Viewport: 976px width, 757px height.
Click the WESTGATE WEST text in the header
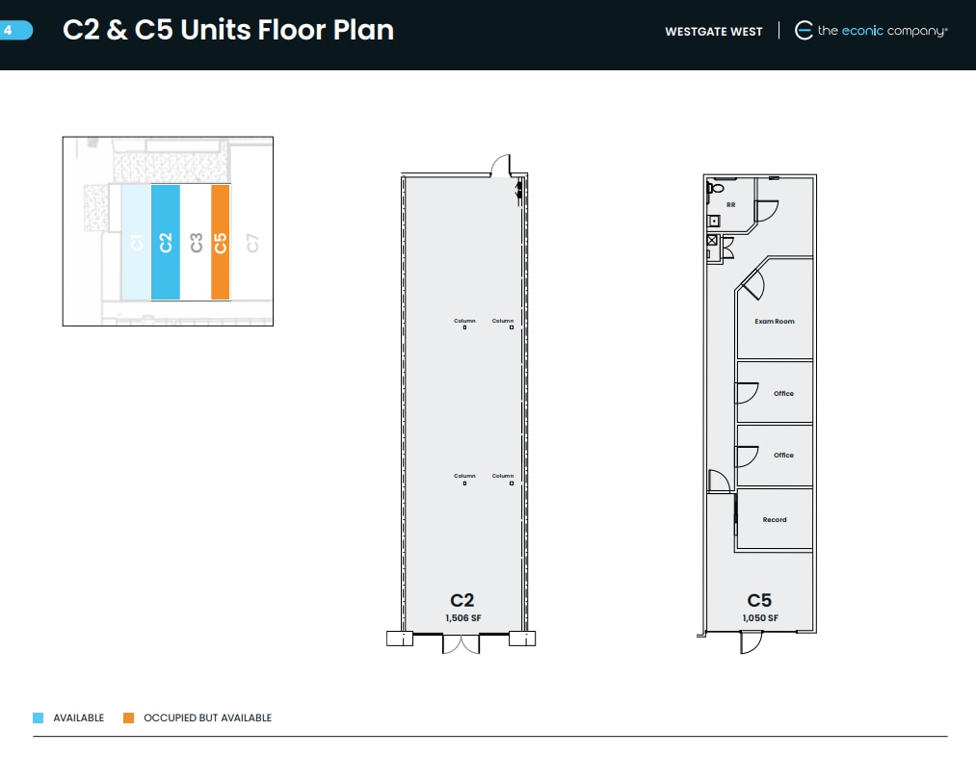713,32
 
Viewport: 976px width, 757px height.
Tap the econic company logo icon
804,31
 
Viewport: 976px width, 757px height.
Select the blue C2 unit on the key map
166,242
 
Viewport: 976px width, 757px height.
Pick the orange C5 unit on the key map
221,242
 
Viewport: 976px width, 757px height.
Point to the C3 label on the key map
197,243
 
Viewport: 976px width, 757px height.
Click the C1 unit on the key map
136,242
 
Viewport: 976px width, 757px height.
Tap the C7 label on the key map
252,243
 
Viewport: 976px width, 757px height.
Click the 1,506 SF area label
463,617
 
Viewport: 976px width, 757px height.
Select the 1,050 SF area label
760,617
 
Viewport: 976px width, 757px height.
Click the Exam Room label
775,322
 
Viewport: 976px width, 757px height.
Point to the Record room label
775,519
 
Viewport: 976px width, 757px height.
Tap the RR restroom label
730,204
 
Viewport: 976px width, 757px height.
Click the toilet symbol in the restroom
716,187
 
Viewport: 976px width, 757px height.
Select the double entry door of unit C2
461,644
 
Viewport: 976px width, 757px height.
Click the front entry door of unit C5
751,642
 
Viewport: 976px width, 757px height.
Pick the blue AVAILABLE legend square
38,718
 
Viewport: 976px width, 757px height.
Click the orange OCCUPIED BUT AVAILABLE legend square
129,718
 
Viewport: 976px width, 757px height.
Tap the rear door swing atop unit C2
500,166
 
